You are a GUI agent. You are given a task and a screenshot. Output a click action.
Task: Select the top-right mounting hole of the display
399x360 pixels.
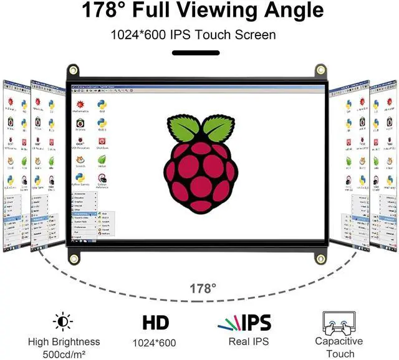coord(320,69)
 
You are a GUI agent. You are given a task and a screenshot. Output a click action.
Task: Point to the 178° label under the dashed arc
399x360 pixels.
coord(203,288)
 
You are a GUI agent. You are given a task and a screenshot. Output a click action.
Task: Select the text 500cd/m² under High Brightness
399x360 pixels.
coord(64,353)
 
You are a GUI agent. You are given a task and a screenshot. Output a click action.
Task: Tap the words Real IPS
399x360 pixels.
coord(248,341)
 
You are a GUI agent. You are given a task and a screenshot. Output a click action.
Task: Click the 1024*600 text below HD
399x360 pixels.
coord(154,343)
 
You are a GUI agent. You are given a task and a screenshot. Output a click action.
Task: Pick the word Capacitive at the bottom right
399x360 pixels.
coord(339,341)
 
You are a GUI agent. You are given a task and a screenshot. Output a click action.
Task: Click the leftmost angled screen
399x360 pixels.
coord(15,165)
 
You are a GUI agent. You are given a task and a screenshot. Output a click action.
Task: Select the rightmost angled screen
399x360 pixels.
coord(383,165)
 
